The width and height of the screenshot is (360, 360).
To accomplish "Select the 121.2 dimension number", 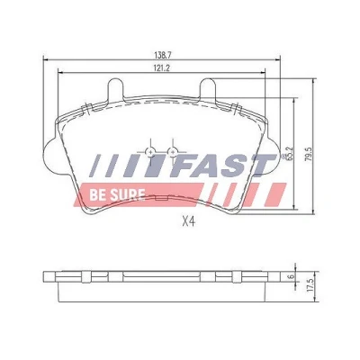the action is tap(162, 68).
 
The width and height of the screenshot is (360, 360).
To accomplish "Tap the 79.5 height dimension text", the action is tap(309, 155).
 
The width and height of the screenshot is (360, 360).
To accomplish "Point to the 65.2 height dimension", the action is tap(290, 154).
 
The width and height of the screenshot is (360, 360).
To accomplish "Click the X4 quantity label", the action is tap(189, 221).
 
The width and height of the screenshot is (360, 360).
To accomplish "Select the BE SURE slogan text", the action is tap(117, 195).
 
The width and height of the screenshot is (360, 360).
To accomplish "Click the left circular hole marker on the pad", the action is tap(150, 152).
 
